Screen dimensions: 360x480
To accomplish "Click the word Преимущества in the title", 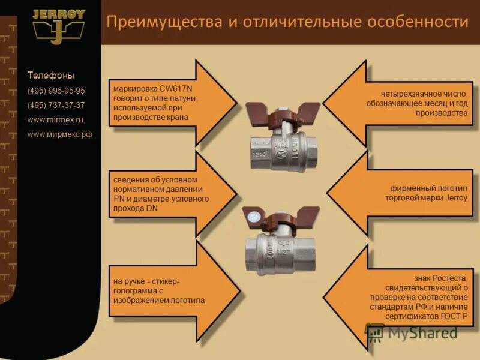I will pos(153,22).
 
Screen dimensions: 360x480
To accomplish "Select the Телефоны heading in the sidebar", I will pos(51,76).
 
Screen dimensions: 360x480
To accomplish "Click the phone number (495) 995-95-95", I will pos(56,91).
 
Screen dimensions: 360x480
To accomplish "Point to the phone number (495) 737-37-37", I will pos(56,105).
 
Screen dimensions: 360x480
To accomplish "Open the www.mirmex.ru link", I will pos(56,119).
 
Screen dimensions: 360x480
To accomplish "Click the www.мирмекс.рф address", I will pos(60,134).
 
